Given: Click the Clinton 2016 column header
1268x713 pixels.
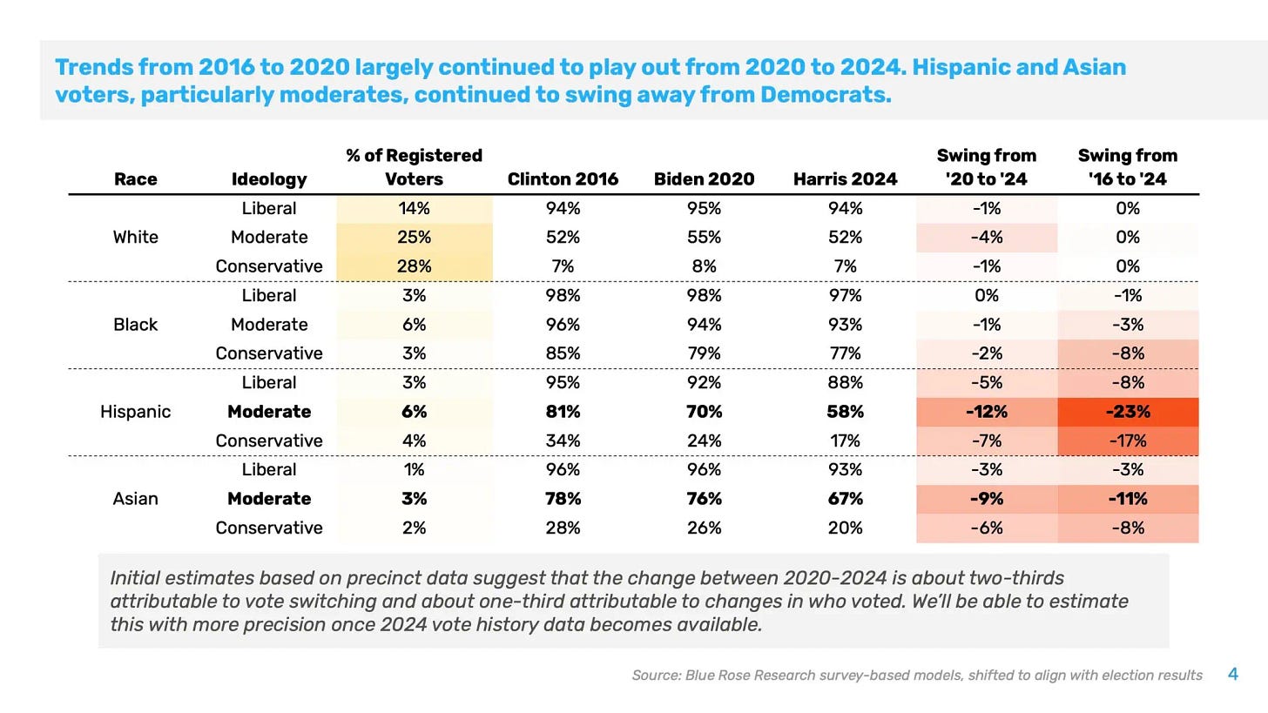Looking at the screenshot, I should [x=563, y=179].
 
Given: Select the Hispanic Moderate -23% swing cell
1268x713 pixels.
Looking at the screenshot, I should [x=1128, y=412].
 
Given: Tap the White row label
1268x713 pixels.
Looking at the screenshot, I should [x=136, y=238].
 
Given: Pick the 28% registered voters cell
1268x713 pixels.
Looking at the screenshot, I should [x=415, y=266].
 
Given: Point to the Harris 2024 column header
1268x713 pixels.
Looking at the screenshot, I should [x=845, y=179].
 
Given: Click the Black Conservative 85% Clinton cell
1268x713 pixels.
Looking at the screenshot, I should [x=563, y=353].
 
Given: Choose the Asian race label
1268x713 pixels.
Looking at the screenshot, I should [x=136, y=499].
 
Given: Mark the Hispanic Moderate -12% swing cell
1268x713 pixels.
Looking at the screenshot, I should [x=987, y=412].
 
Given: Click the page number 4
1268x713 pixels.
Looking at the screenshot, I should [x=1232, y=674].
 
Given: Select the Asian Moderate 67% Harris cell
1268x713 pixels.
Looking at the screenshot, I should [x=845, y=499].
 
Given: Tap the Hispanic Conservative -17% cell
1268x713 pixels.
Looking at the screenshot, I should [x=1128, y=441].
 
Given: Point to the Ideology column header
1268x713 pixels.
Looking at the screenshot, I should [x=269, y=179].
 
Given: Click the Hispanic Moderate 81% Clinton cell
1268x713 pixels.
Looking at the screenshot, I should [x=563, y=412].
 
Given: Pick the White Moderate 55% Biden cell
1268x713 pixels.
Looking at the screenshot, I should [x=704, y=238].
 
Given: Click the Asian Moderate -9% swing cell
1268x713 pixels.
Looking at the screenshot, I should [x=987, y=499].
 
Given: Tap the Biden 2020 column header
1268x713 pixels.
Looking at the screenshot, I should [x=704, y=179].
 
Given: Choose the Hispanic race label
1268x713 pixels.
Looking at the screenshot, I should [x=136, y=412].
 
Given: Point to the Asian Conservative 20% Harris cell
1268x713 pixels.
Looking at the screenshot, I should [x=845, y=528].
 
